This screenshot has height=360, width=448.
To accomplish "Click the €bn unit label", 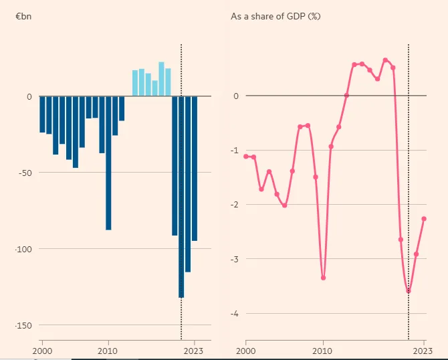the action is (x=23, y=16).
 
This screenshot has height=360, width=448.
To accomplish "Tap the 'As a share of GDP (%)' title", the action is (x=275, y=16).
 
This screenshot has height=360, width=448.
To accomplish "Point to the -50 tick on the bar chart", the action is (x=25, y=173).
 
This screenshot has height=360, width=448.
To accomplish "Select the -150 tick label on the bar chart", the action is (x=23, y=325).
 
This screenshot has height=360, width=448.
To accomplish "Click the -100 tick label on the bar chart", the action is (x=23, y=249).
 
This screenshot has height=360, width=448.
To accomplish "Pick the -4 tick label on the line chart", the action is (x=234, y=314).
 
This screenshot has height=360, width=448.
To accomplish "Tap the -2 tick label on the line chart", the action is (x=234, y=205).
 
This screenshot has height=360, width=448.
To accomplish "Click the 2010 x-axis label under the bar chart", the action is (x=108, y=351).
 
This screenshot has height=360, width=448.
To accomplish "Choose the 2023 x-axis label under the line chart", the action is (x=423, y=351).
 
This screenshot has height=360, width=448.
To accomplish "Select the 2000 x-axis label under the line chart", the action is (x=245, y=351).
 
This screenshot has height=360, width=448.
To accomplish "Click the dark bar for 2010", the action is (x=108, y=163).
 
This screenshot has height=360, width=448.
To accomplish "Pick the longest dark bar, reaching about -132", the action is (x=181, y=197).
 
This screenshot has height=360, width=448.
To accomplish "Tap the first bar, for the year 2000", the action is (x=42, y=114).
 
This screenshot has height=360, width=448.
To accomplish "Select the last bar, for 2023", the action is (x=195, y=169).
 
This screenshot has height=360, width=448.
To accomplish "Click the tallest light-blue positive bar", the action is (x=161, y=79).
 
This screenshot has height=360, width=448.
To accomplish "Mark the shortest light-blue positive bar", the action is (x=155, y=88).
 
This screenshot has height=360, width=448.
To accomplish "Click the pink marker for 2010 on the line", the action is (x=324, y=278).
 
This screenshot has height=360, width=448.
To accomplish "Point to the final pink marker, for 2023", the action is (x=424, y=219).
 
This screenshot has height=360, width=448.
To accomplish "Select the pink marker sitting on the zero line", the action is (x=346, y=95).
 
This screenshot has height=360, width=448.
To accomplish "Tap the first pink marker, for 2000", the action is (x=246, y=156).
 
